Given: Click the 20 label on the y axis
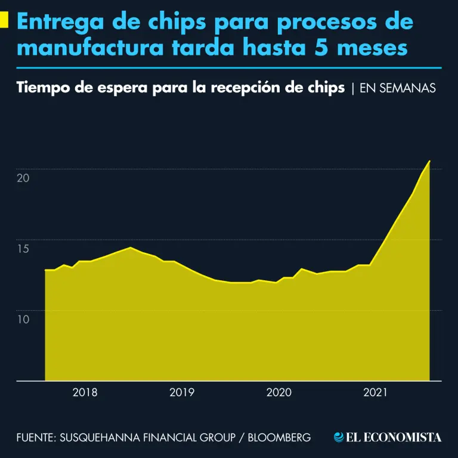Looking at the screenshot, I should coord(23,178).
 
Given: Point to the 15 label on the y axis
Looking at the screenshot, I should coord(23,249).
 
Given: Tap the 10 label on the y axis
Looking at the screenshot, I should coord(23,320).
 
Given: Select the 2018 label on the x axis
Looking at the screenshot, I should coord(85,392).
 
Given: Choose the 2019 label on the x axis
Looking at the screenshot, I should coord(182,392).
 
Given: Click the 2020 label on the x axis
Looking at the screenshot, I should coord(278,392).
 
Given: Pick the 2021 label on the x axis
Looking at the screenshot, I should coord(375,392).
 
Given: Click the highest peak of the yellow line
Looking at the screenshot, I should coord(429,161).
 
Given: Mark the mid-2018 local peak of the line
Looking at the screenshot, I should coord(130,247).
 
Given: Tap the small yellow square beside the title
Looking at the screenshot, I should coord(5,22).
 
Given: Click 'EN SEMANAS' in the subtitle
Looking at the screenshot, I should coord(398,88).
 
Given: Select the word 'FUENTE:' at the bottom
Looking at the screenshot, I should coord(36,437).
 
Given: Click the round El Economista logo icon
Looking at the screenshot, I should coord(339,437).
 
